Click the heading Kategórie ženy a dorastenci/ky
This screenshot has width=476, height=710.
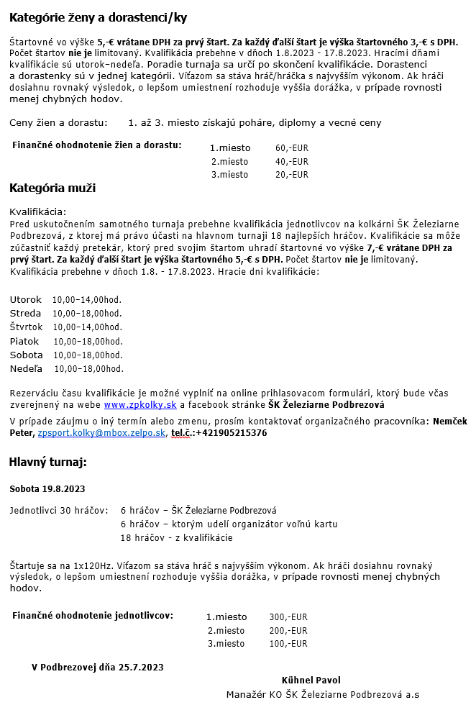point(99,17)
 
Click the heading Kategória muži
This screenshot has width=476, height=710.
point(52,188)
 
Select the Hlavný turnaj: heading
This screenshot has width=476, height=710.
point(47,462)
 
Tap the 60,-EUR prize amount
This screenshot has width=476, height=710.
point(291,148)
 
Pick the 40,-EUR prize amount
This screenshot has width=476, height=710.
point(291,161)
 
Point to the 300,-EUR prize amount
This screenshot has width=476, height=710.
point(288,617)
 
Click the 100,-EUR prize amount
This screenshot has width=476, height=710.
point(288,643)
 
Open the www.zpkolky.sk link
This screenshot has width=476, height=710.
point(140,406)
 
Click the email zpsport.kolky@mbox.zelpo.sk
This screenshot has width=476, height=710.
point(101,433)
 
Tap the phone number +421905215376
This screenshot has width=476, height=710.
point(231,433)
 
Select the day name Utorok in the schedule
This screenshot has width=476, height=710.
point(26,299)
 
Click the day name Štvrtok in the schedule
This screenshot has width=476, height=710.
point(27,327)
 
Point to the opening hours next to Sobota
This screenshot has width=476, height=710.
point(88,355)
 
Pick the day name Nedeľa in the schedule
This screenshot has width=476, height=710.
point(27,369)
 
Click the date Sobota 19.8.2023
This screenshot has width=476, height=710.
point(47,489)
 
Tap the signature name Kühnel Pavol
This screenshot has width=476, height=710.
point(311,680)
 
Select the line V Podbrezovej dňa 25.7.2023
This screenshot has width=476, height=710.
point(97,667)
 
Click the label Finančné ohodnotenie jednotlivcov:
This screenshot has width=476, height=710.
point(93,616)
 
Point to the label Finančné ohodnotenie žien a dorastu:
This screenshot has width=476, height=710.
point(97,145)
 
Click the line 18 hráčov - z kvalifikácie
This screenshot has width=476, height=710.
point(176,537)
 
